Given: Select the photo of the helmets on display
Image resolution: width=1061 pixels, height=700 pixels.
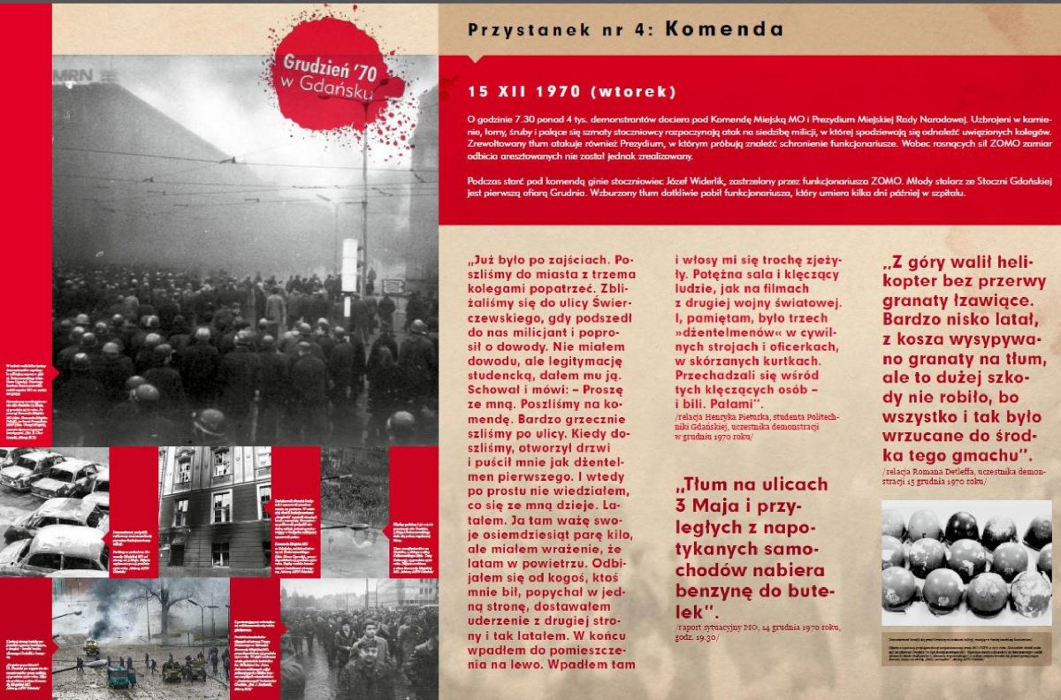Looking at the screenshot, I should (966, 563).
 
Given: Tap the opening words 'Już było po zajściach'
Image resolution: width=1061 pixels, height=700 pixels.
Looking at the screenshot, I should (541, 262).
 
